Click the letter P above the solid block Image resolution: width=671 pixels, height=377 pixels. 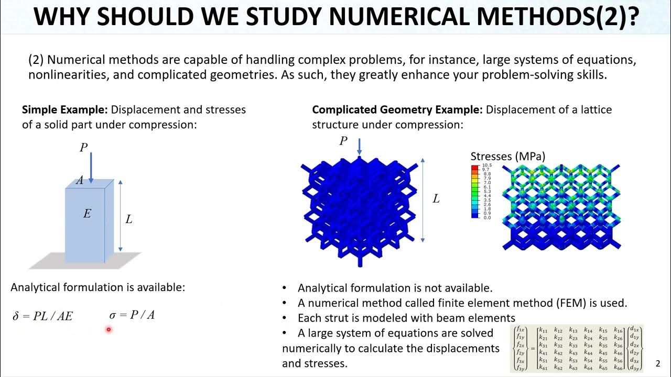point(83,148)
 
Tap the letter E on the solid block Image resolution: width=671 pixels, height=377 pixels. point(87,214)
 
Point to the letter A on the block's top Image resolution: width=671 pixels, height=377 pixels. point(80,181)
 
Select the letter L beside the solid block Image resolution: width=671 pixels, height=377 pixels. point(129,219)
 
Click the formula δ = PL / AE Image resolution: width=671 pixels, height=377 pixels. point(42,316)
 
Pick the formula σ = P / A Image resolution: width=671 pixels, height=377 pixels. point(132,315)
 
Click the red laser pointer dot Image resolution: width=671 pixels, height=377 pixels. point(109,329)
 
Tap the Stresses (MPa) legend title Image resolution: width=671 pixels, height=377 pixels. point(507,156)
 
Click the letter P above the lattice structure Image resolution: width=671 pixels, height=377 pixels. point(343,141)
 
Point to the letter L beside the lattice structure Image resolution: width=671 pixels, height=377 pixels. point(436,199)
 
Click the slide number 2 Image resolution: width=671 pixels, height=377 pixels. point(658,364)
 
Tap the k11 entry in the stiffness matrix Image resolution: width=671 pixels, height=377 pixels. point(544,330)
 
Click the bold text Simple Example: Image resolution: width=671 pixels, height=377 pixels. point(64,110)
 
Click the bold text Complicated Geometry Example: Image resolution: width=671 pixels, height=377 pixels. point(397,110)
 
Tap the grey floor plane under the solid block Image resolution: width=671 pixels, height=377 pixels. point(52,261)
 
